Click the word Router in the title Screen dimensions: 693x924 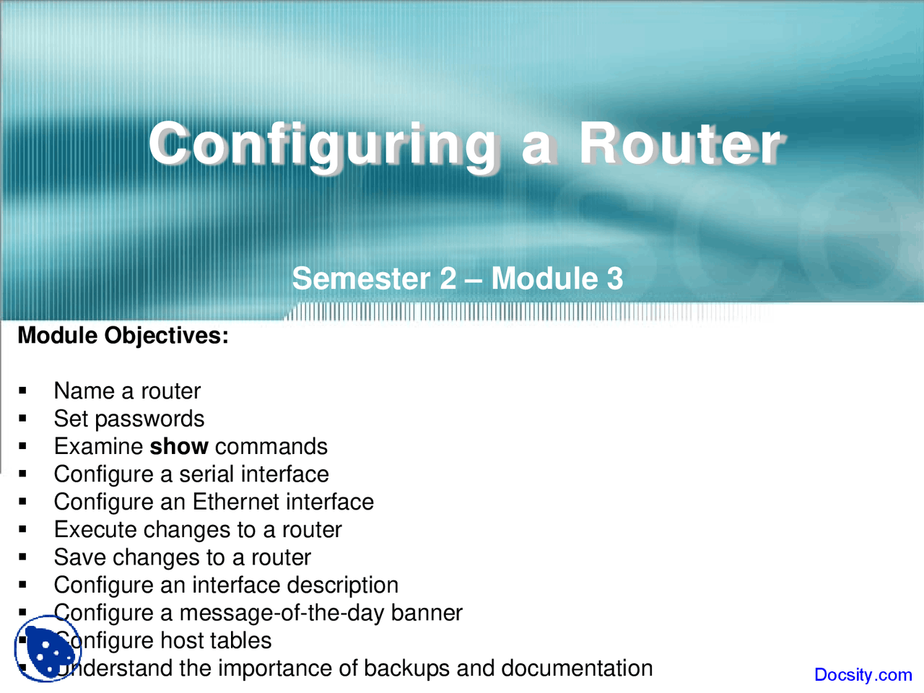[680, 144]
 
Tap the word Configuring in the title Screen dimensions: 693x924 [323, 144]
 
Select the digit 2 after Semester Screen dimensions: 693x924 [448, 279]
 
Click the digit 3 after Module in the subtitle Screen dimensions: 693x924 [614, 279]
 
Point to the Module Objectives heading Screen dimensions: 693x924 [123, 336]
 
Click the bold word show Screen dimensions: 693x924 [178, 447]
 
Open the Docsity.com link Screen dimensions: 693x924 [863, 675]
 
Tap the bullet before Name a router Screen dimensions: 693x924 [23, 391]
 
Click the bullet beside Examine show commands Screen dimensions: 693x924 [23, 447]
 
